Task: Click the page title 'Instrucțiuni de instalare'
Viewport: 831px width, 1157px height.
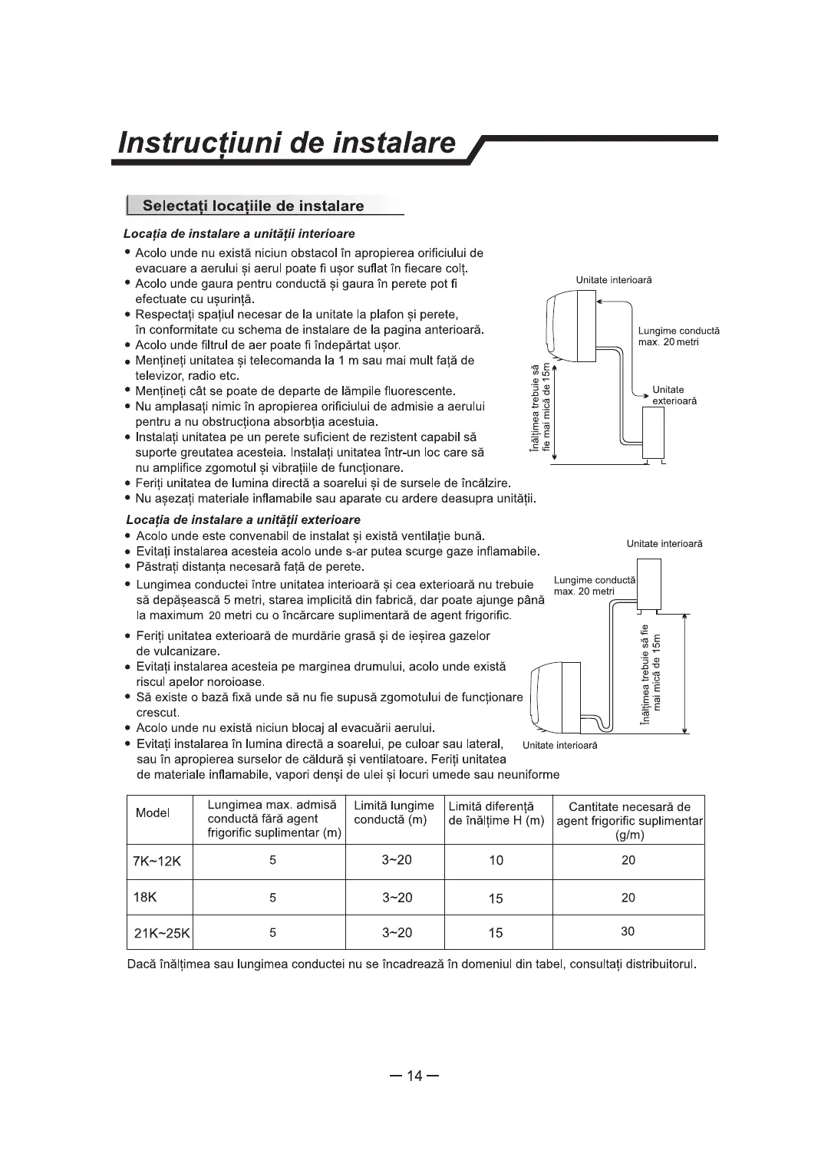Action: (288, 143)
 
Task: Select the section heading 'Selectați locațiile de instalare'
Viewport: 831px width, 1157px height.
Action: (253, 206)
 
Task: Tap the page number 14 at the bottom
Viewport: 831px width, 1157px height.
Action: (414, 1076)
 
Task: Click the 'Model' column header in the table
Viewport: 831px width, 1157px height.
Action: (153, 813)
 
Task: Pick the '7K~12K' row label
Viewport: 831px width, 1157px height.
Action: (157, 861)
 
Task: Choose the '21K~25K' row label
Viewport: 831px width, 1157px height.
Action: (161, 933)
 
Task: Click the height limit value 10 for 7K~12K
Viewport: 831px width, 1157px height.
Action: (496, 861)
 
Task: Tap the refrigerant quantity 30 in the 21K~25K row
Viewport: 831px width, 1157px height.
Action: (628, 931)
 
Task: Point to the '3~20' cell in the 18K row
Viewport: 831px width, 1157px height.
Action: (397, 897)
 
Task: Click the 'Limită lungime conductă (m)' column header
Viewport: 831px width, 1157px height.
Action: (394, 813)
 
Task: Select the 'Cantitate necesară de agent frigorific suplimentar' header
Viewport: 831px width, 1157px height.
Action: (628, 821)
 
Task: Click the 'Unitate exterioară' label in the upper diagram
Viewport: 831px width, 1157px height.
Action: (673, 395)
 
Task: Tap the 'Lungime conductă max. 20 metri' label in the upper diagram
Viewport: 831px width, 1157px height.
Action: (678, 335)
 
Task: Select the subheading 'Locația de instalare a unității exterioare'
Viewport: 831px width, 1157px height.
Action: (243, 519)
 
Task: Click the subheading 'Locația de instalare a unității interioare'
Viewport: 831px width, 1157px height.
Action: (239, 233)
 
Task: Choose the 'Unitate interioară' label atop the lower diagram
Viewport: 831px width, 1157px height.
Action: (664, 544)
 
